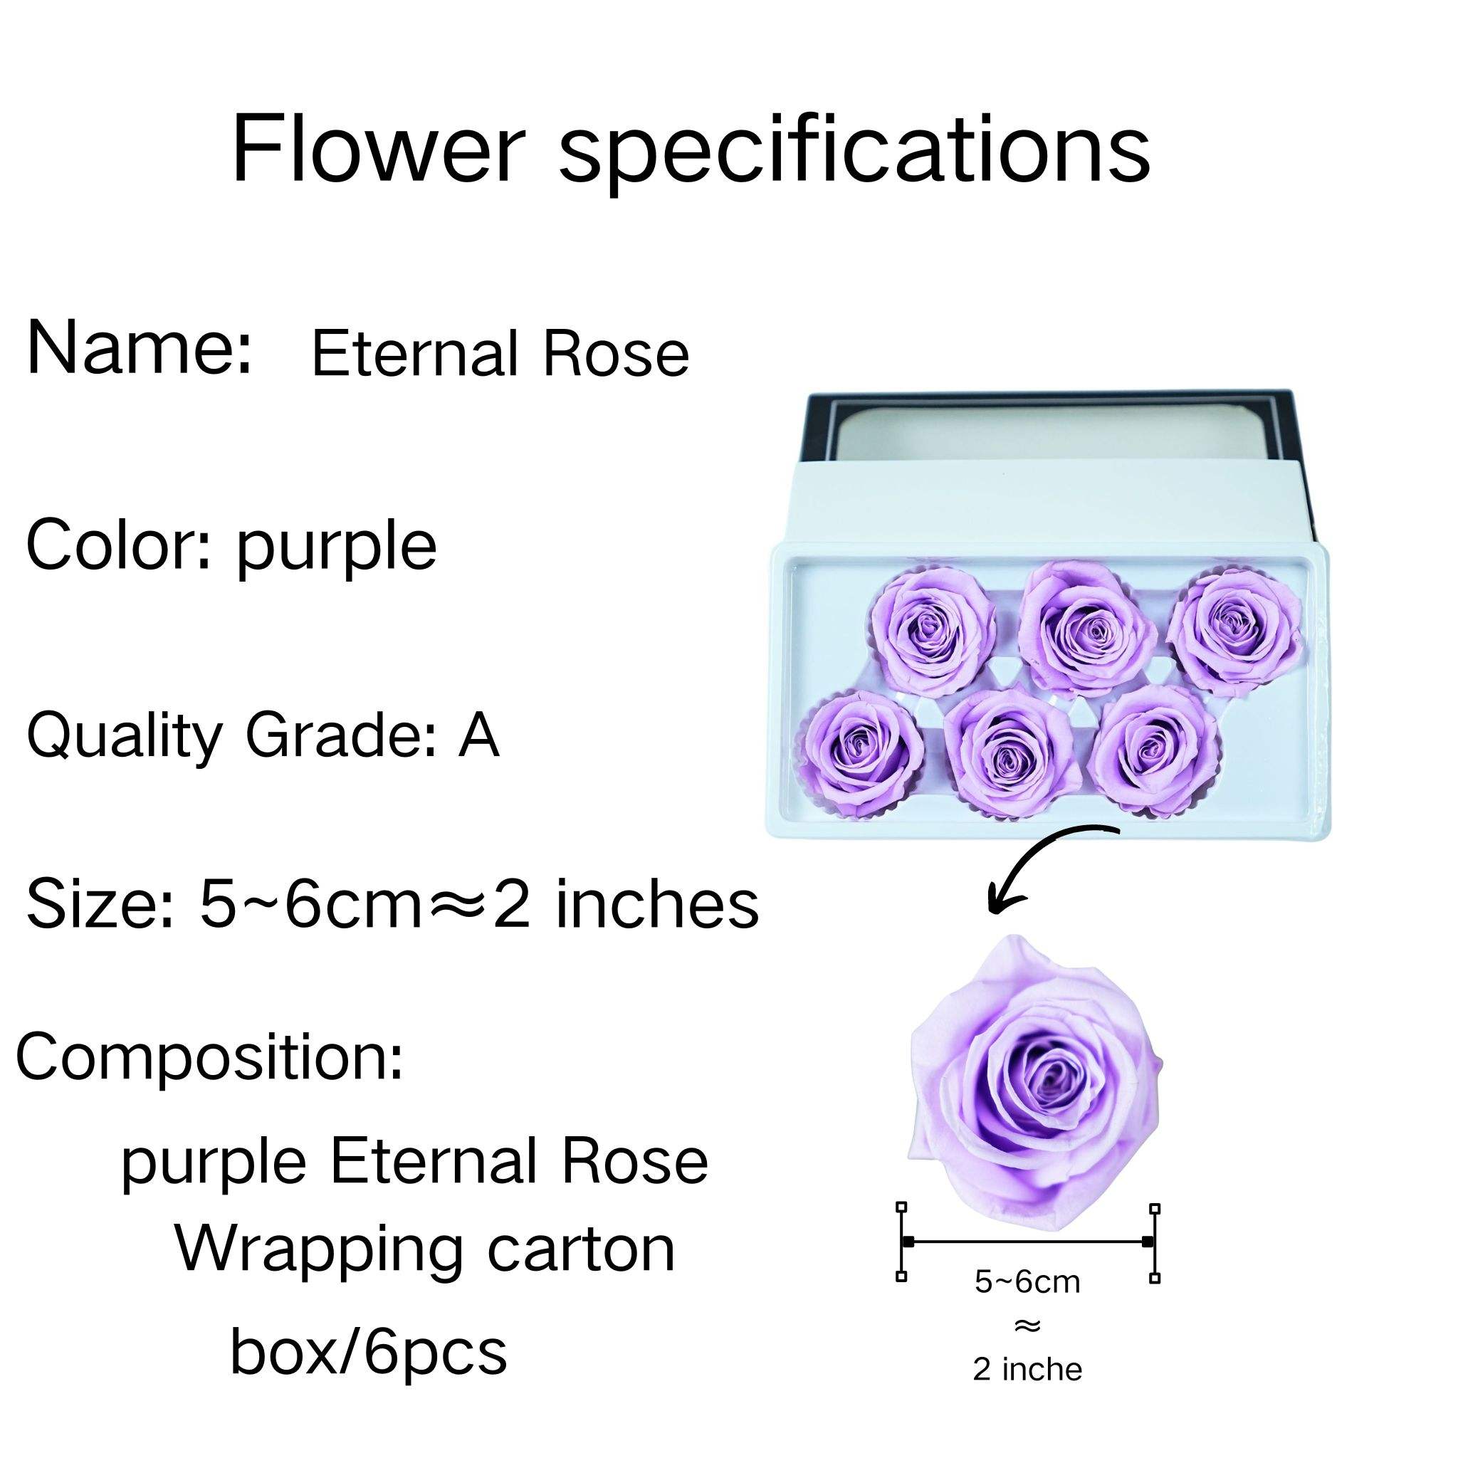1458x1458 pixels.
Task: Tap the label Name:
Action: point(139,348)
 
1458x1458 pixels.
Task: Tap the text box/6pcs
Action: point(368,1353)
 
